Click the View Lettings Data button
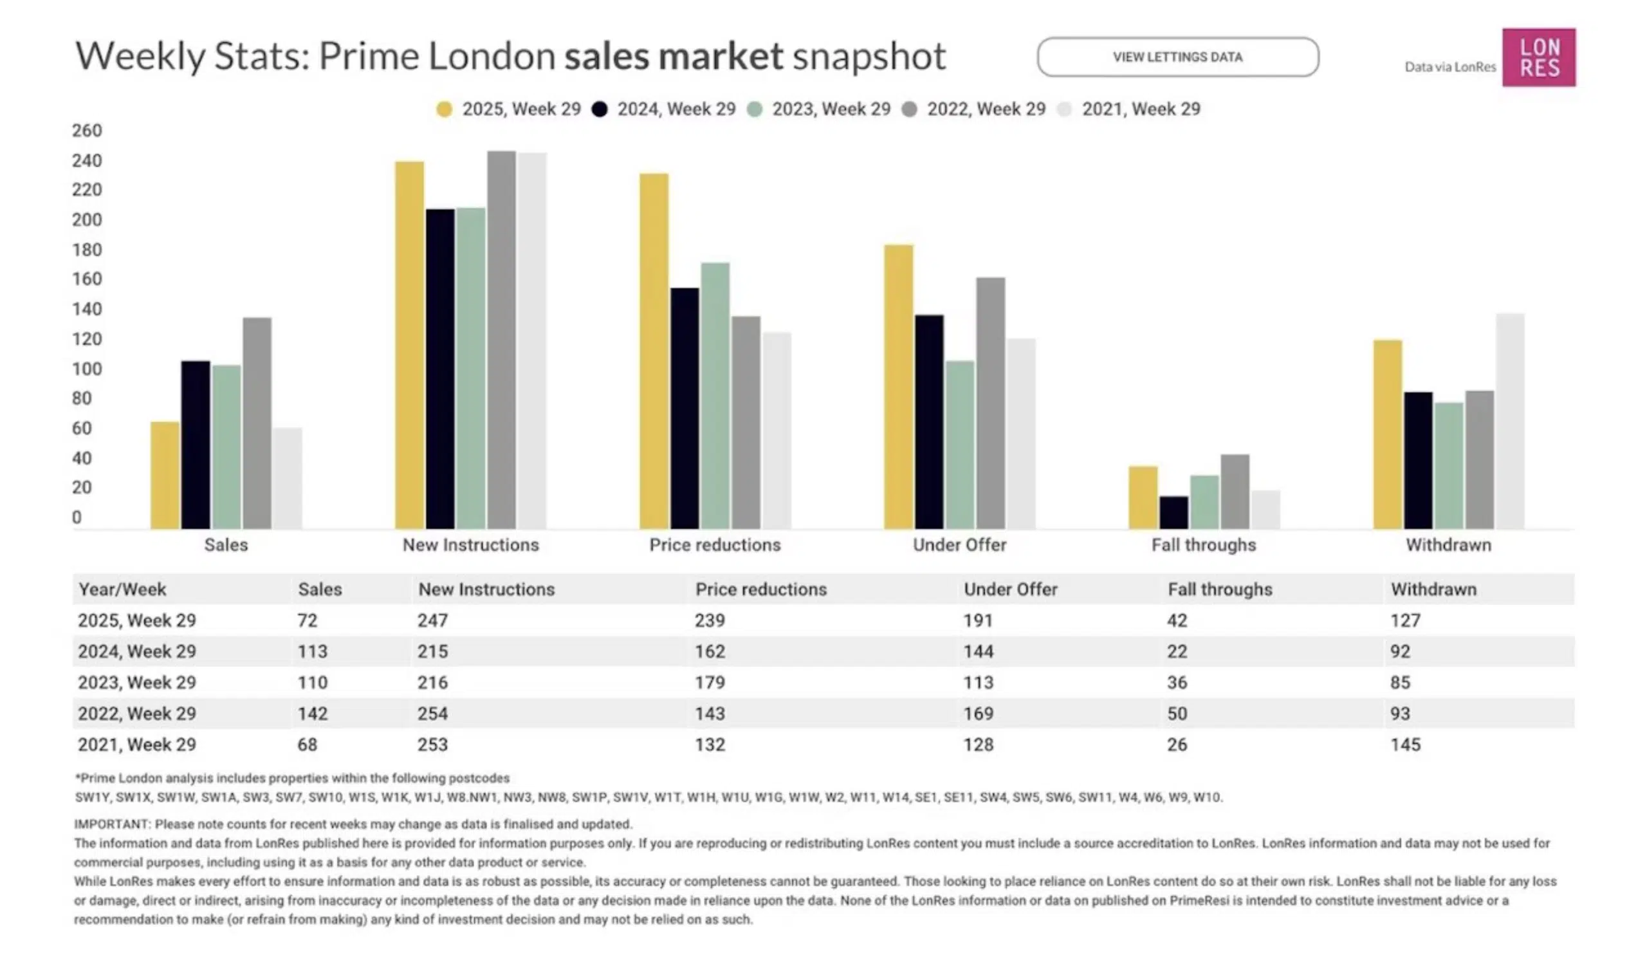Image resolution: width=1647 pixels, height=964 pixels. (x=1177, y=57)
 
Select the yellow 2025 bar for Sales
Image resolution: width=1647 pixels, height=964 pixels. (x=165, y=475)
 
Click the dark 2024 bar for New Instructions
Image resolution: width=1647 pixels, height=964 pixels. (x=440, y=369)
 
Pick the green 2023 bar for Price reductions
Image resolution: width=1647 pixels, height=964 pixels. (x=715, y=396)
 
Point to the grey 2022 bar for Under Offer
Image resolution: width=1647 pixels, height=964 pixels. (x=990, y=403)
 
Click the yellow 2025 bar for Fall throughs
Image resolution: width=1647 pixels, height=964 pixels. (x=1143, y=497)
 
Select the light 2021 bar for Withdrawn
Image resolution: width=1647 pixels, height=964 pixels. (x=1510, y=422)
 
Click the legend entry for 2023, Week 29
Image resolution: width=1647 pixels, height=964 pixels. (x=822, y=109)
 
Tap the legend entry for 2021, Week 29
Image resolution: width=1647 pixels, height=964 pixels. (x=1131, y=109)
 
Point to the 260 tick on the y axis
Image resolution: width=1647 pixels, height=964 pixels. (x=87, y=131)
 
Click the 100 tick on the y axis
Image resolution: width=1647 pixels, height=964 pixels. (x=87, y=369)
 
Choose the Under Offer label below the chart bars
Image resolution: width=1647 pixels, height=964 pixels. (x=959, y=545)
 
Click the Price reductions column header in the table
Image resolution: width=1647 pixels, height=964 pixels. (x=760, y=589)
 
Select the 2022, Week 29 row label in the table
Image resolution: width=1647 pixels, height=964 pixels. (x=136, y=714)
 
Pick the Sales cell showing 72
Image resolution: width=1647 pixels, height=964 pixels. (x=307, y=620)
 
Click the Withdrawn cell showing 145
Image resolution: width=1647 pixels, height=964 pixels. (x=1405, y=745)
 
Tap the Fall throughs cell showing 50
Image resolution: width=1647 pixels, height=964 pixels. (x=1177, y=714)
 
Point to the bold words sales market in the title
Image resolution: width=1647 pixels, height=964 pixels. (x=673, y=56)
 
